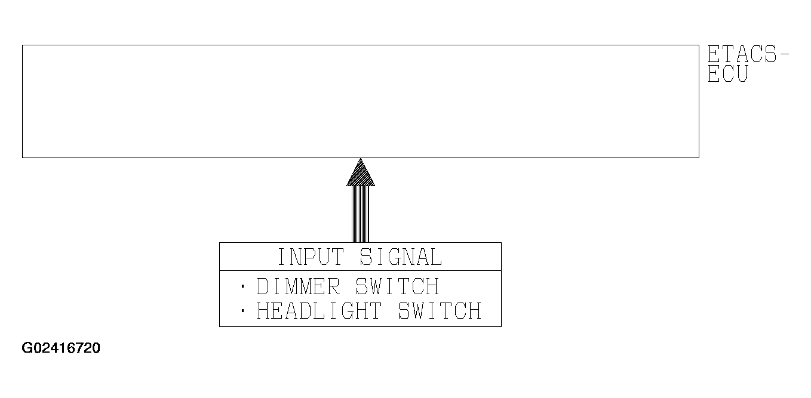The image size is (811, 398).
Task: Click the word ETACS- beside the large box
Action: pyautogui.click(x=748, y=55)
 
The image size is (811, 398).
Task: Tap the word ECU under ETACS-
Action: pyautogui.click(x=727, y=74)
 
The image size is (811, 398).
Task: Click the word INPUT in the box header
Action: pyautogui.click(x=311, y=257)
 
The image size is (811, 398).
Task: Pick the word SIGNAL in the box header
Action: pyautogui.click(x=401, y=257)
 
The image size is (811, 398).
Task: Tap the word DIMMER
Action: pyautogui.click(x=298, y=287)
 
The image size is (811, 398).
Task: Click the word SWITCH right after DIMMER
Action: pyautogui.click(x=397, y=287)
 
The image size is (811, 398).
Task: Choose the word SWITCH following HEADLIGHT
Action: pyautogui.click(x=440, y=311)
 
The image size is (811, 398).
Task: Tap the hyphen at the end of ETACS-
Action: pyautogui.click(x=784, y=55)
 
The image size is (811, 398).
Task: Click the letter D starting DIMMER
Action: pyautogui.click(x=263, y=287)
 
